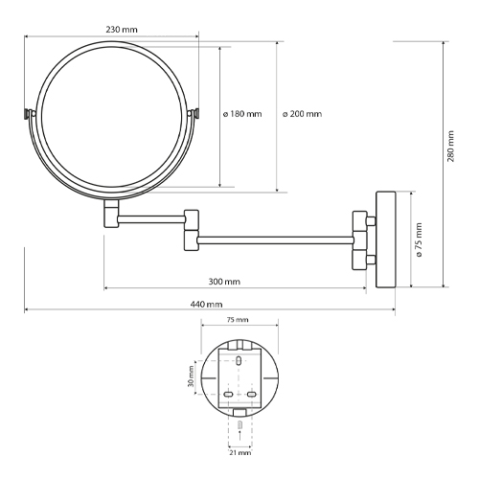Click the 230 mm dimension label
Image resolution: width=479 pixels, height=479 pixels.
[119, 29]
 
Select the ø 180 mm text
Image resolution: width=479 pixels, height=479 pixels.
[242, 114]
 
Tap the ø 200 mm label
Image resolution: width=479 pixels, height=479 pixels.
[303, 114]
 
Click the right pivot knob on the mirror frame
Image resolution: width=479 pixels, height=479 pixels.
[198, 113]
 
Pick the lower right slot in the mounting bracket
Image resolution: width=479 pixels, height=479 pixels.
[252, 395]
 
